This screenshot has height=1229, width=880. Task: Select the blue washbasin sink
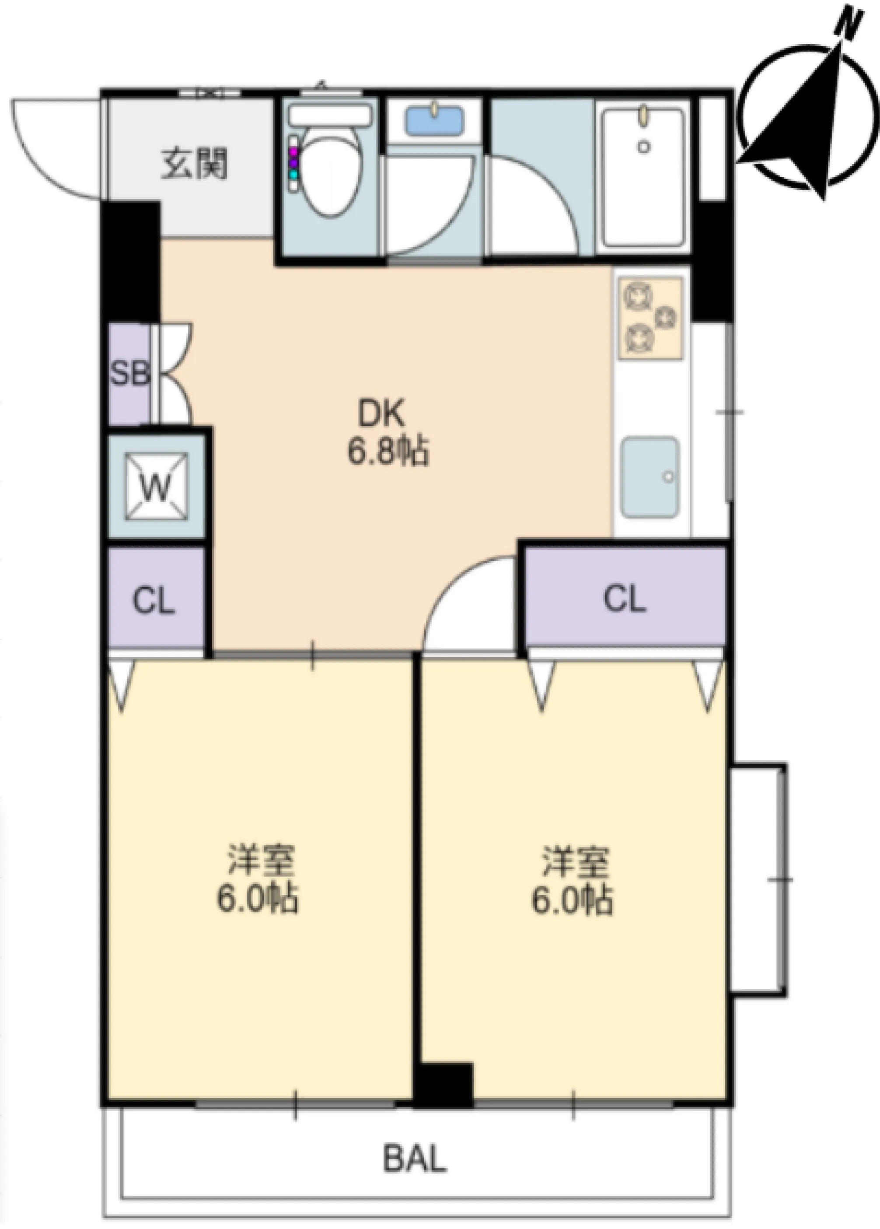(x=435, y=120)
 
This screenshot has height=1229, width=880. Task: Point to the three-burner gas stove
(x=650, y=318)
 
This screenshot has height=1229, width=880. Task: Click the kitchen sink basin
(x=650, y=478)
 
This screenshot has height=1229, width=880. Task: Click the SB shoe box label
(x=129, y=373)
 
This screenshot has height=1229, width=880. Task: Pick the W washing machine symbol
(x=157, y=486)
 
